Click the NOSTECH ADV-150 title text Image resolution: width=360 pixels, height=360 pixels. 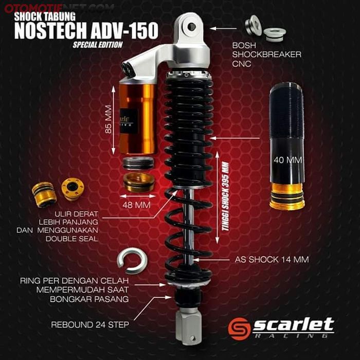(x=86, y=30)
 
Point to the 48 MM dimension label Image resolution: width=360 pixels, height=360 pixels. (x=137, y=204)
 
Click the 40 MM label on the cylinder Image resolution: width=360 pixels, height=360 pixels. (x=287, y=160)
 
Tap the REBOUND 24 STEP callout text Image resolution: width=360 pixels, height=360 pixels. (x=89, y=325)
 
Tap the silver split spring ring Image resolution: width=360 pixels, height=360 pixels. (x=132, y=261)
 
